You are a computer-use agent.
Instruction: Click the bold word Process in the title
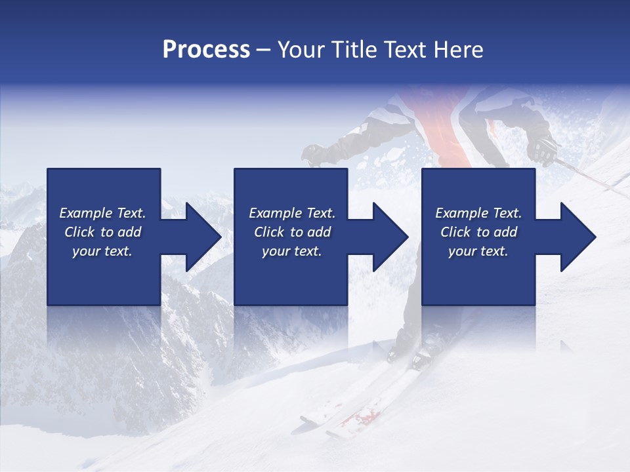pyautogui.click(x=206, y=50)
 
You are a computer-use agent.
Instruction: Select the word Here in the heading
pyautogui.click(x=459, y=50)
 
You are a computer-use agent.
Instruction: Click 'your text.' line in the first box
pyautogui.click(x=102, y=251)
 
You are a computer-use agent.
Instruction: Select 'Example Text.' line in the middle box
pyautogui.click(x=292, y=213)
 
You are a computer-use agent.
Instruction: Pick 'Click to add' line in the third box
pyautogui.click(x=479, y=232)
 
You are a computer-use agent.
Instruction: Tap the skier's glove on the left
pyautogui.click(x=314, y=155)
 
